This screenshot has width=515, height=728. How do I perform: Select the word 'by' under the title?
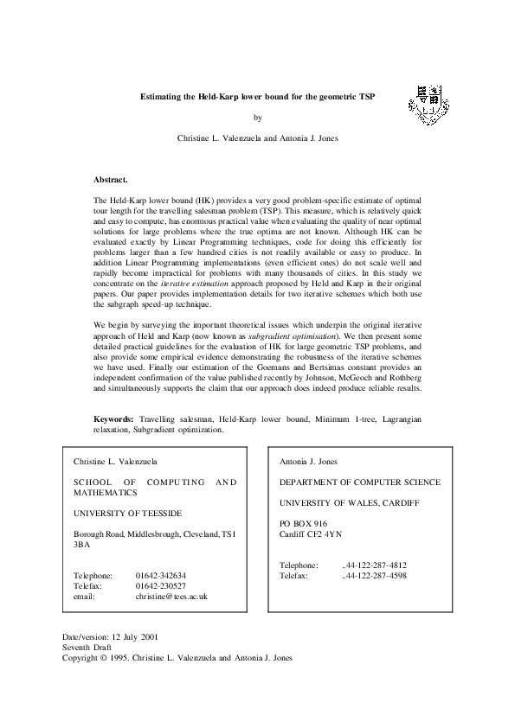(x=256, y=118)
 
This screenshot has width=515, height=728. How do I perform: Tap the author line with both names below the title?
(x=257, y=138)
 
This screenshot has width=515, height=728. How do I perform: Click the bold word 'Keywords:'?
(x=113, y=419)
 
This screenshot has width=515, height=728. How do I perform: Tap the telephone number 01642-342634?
(x=161, y=575)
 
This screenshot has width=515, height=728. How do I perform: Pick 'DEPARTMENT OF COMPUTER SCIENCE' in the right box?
(x=359, y=482)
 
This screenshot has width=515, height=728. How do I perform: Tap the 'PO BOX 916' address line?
(x=303, y=523)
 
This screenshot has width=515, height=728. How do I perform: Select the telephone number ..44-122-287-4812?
(x=375, y=565)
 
